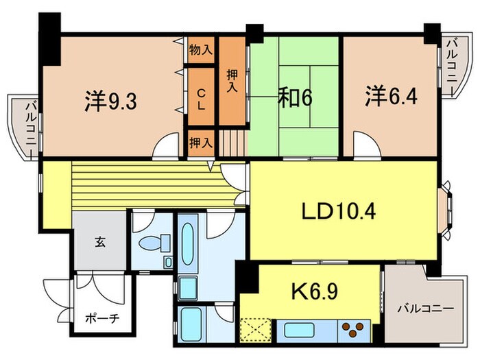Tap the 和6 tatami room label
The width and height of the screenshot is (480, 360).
point(296,99)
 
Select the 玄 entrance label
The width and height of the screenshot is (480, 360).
point(100,242)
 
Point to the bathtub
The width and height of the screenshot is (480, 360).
point(188,243)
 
